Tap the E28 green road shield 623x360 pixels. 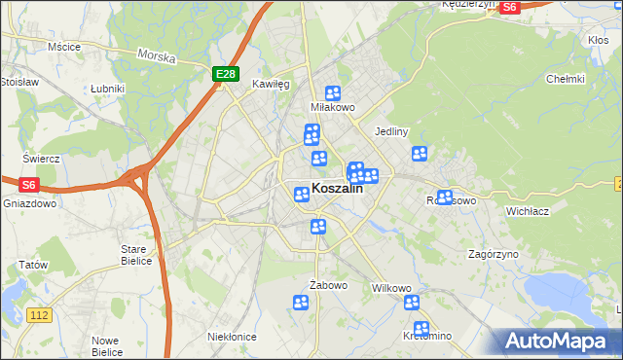pos(226,74)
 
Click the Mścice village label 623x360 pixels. pos(63,46)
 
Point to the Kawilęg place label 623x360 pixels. pos(272,85)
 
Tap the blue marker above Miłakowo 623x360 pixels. pos(333,93)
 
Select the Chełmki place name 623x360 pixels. pos(565,79)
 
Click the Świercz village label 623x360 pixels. pos(42,158)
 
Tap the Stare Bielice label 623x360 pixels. pos(133,255)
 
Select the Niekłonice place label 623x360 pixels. pos(232,336)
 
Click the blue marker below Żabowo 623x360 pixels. pos(301,304)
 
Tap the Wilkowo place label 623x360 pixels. pos(392,289)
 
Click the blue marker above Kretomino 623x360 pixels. pos(421,329)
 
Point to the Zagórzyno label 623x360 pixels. pos(493,254)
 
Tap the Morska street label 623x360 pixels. pos(156,56)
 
